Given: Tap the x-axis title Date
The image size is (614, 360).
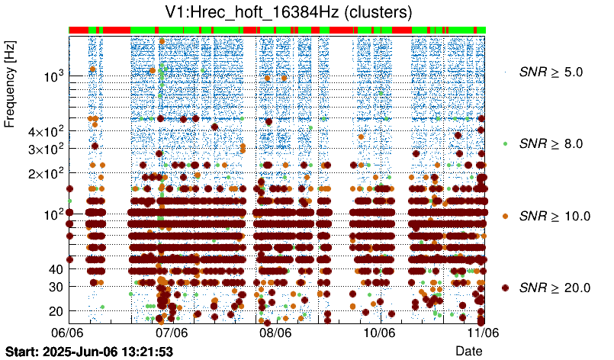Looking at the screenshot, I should (x=468, y=350).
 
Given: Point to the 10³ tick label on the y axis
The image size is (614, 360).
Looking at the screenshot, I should (x=53, y=77).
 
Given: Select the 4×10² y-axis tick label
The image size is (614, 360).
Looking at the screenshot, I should (x=44, y=132).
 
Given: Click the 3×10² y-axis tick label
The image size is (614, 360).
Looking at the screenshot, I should (x=44, y=149).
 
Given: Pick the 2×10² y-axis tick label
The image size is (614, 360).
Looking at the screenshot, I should (x=44, y=173).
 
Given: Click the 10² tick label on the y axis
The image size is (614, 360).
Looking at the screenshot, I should (x=53, y=214).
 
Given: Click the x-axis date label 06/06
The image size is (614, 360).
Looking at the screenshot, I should (x=68, y=333).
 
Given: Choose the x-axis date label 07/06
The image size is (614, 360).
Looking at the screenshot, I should (x=172, y=333).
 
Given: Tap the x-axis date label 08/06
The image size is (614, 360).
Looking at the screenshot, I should (x=275, y=333).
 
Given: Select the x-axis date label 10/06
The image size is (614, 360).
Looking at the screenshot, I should (x=379, y=333).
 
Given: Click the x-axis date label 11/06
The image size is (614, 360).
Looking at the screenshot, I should (x=482, y=333).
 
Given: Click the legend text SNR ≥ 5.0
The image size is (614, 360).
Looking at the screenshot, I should (x=551, y=72).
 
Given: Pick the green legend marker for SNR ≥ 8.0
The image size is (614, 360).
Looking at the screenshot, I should (x=505, y=143).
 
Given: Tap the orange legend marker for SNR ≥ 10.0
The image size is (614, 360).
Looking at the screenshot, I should (x=505, y=216).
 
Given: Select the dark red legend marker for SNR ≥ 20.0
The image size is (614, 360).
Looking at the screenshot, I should (x=505, y=288).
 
